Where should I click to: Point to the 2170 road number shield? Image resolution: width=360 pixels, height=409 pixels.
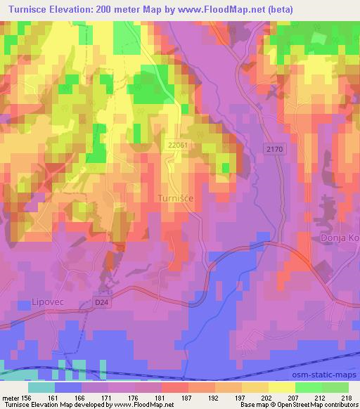(276, 150)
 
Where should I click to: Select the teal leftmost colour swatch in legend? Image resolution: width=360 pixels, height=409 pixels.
(41, 387)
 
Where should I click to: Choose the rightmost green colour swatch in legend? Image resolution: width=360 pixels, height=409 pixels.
(335, 387)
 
